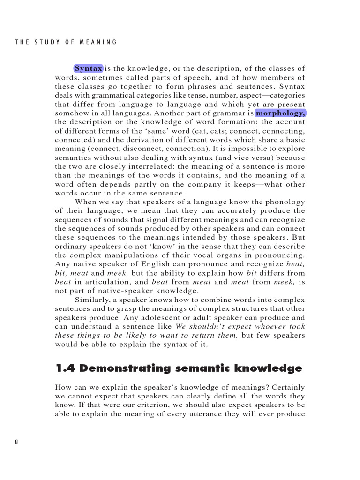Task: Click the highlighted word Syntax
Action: (x=88, y=69)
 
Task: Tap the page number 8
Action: (x=17, y=442)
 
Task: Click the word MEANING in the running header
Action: (x=99, y=42)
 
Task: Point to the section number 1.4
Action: (x=65, y=368)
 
